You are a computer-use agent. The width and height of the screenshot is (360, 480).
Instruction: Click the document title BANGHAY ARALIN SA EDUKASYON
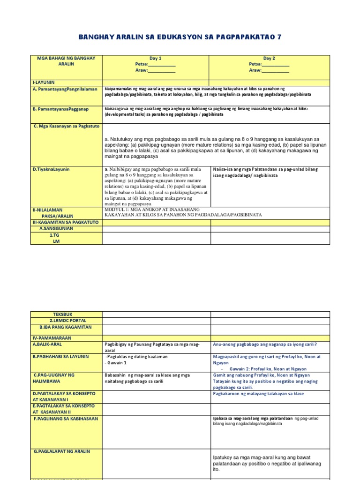[x=180, y=37]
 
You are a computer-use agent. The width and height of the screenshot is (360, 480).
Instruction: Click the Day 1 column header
[x=155, y=58]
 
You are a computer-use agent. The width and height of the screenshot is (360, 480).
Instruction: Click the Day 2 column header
[x=269, y=58]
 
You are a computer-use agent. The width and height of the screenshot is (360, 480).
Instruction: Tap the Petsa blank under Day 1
[x=162, y=64]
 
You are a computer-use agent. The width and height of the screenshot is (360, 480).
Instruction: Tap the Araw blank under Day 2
[x=275, y=70]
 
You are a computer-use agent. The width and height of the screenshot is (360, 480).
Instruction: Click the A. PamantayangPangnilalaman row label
[x=65, y=89]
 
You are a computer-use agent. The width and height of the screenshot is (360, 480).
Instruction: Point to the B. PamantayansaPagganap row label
[x=61, y=109]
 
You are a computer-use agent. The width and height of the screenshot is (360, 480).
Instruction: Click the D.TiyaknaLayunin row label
[x=51, y=169]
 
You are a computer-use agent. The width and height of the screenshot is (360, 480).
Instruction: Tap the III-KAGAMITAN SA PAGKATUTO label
[x=65, y=222]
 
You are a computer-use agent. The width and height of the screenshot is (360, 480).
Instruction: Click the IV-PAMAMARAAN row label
[x=52, y=337]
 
